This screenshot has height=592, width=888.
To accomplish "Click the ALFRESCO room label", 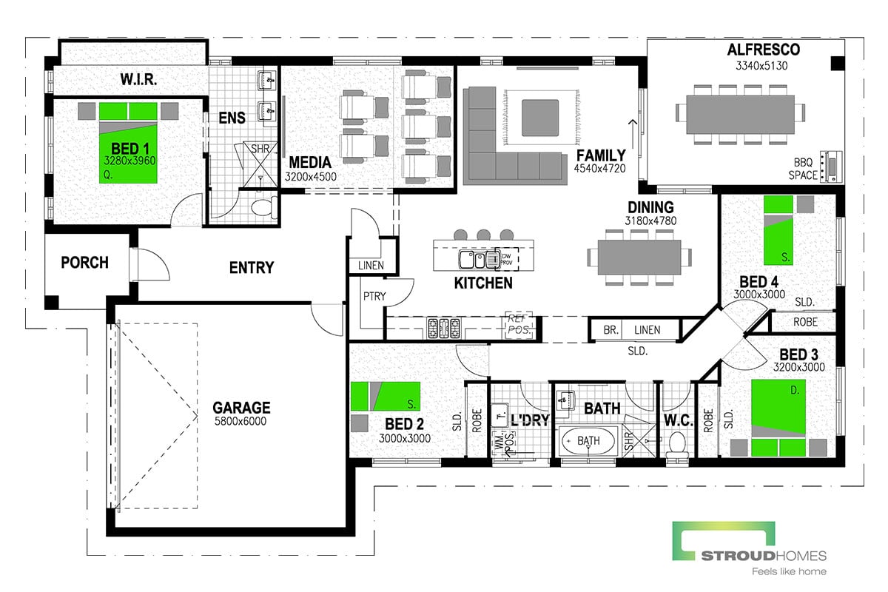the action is [763, 50].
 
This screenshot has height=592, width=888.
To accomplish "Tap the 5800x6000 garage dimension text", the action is [240, 421].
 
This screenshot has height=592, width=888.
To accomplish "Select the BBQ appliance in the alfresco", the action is [831, 166].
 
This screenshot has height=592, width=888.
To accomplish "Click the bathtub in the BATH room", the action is [588, 441].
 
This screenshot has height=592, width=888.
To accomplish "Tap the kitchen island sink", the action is [480, 259].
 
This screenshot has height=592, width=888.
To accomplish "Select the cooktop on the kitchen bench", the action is [443, 329].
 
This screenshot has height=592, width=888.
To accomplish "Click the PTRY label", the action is [374, 296].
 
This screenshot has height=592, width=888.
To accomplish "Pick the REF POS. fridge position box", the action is [519, 325].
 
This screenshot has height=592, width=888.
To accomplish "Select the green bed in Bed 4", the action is [778, 230].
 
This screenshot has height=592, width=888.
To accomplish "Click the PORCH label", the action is [84, 263].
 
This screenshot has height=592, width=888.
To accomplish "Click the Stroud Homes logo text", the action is [764, 556].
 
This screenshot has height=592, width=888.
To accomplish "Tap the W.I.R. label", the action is [138, 80].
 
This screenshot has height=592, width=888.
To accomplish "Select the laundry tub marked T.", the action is [500, 415].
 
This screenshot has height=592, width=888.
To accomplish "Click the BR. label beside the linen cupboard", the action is [611, 330].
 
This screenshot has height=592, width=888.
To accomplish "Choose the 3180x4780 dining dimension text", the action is [650, 221].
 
